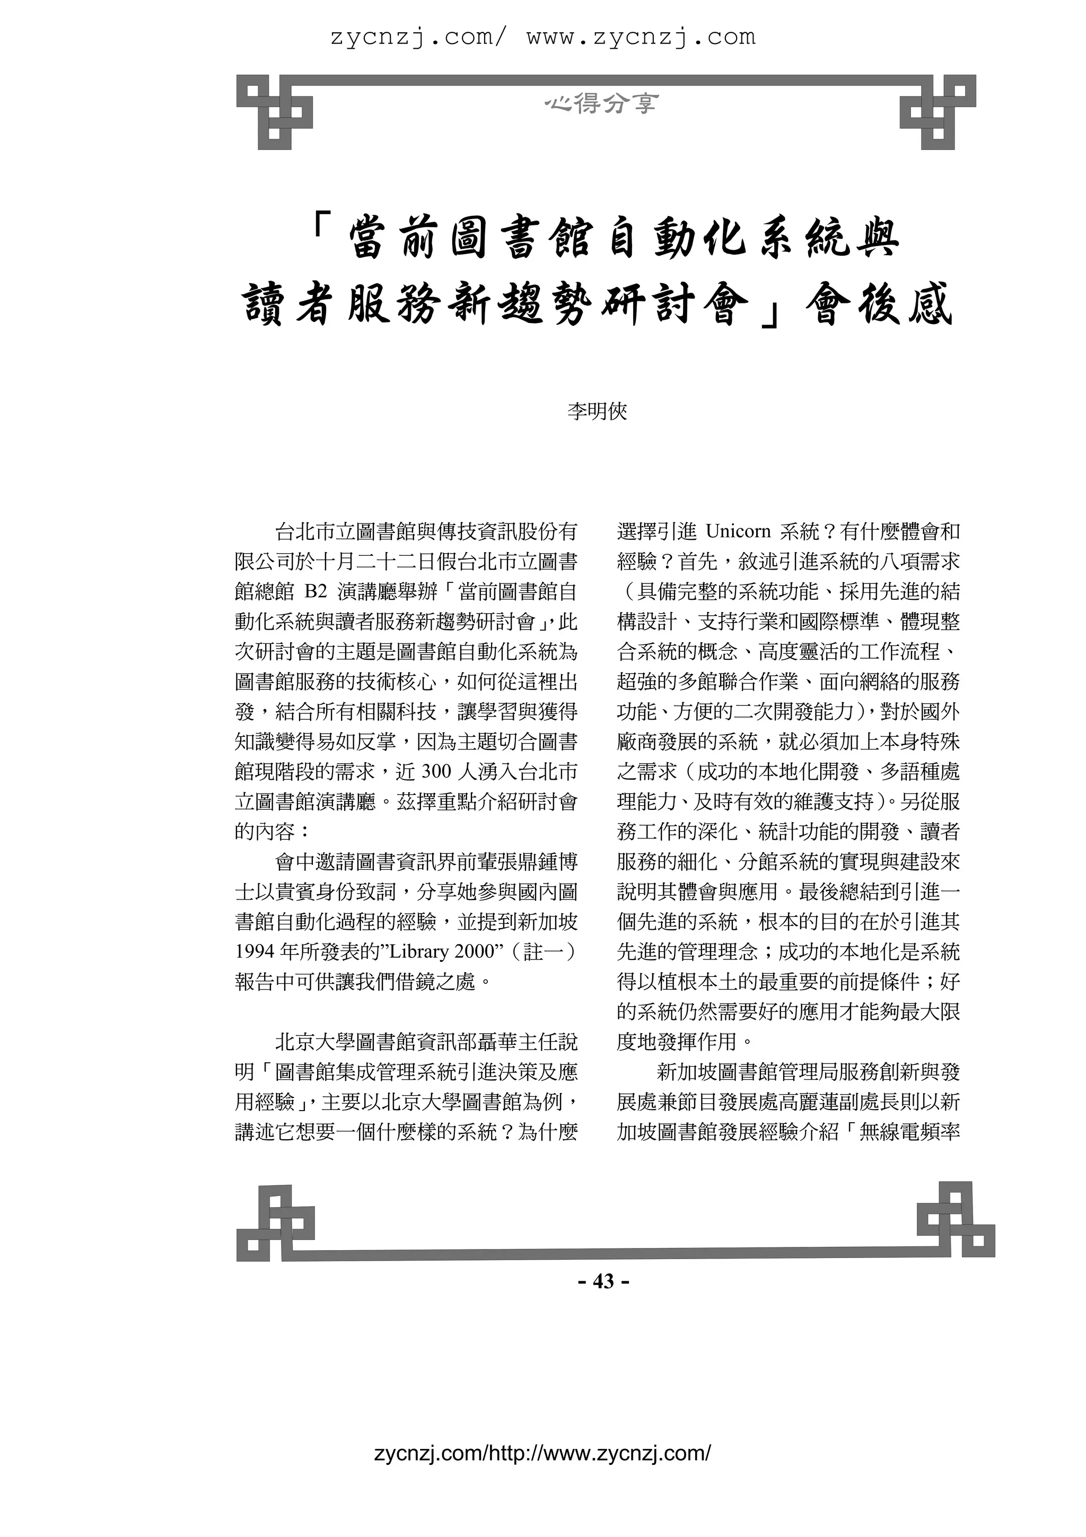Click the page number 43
point(603,1281)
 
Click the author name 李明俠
point(598,411)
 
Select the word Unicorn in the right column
point(738,531)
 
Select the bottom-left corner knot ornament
point(275,1222)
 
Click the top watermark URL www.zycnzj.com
point(641,37)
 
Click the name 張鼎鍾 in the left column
point(507,861)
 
